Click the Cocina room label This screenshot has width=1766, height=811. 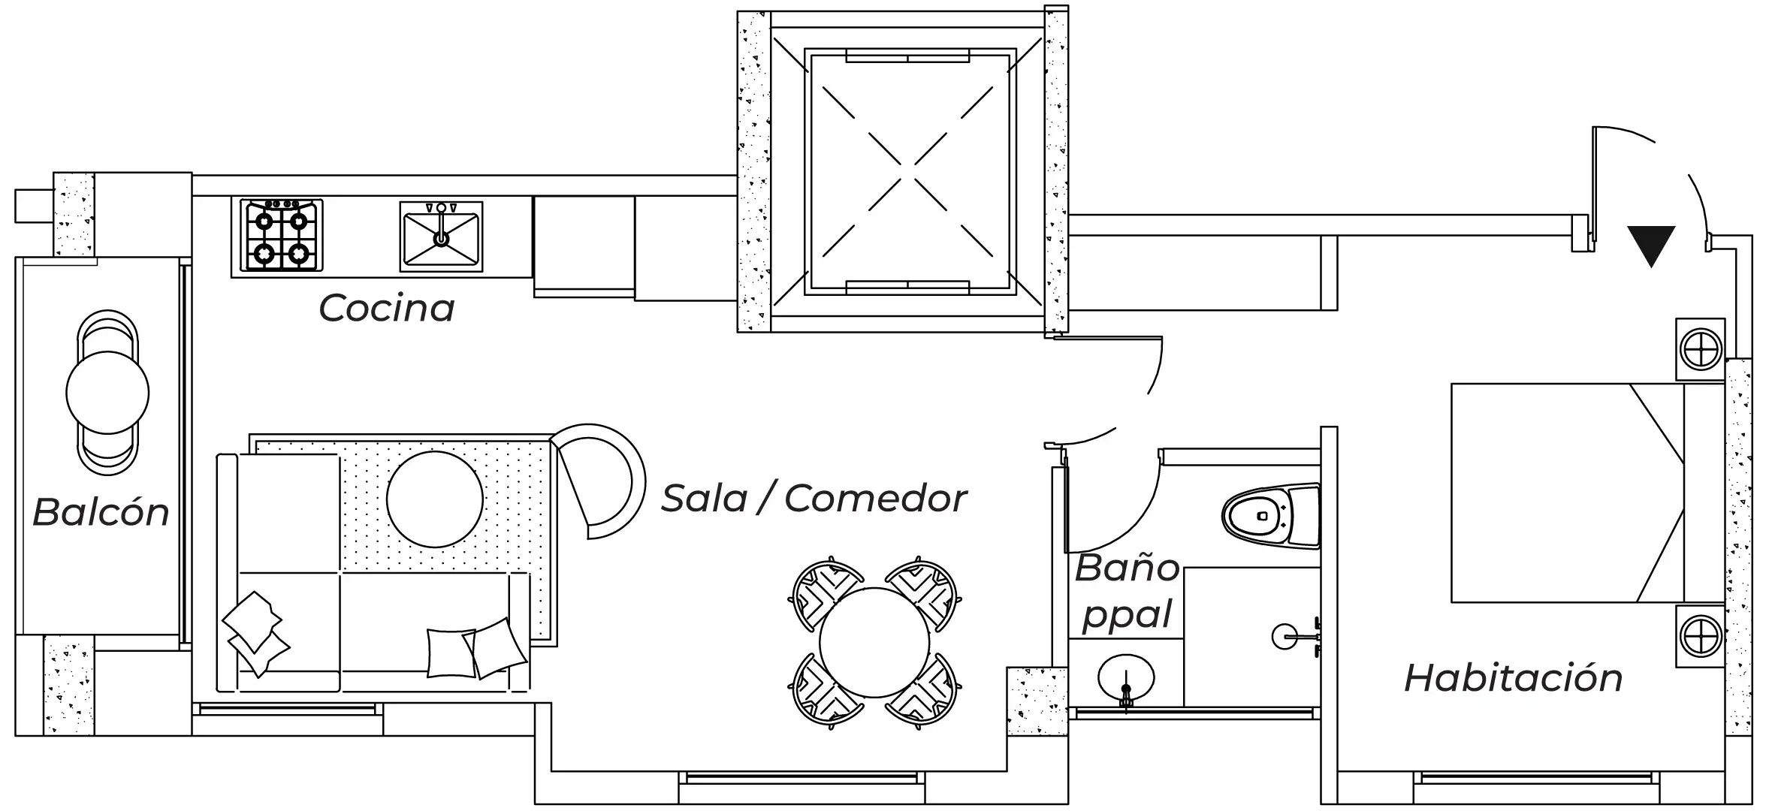(387, 309)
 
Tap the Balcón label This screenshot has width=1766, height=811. (101, 513)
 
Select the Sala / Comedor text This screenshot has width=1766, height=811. (814, 499)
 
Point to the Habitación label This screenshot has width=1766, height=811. (1513, 678)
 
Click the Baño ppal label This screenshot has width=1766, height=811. (1127, 592)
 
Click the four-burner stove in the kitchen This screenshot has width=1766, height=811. (282, 235)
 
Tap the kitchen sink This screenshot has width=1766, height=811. (441, 236)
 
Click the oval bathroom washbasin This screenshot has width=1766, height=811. (1125, 677)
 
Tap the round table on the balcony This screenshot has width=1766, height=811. (107, 392)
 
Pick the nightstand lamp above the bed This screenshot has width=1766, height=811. (1700, 350)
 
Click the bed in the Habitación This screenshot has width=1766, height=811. (1577, 493)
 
